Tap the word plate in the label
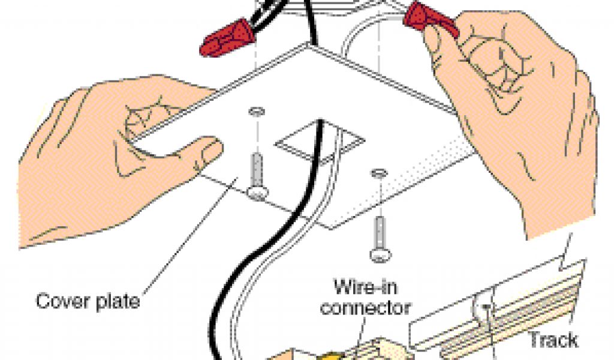pos(115,300)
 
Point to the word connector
pos(365,307)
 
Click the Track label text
pos(552,340)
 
